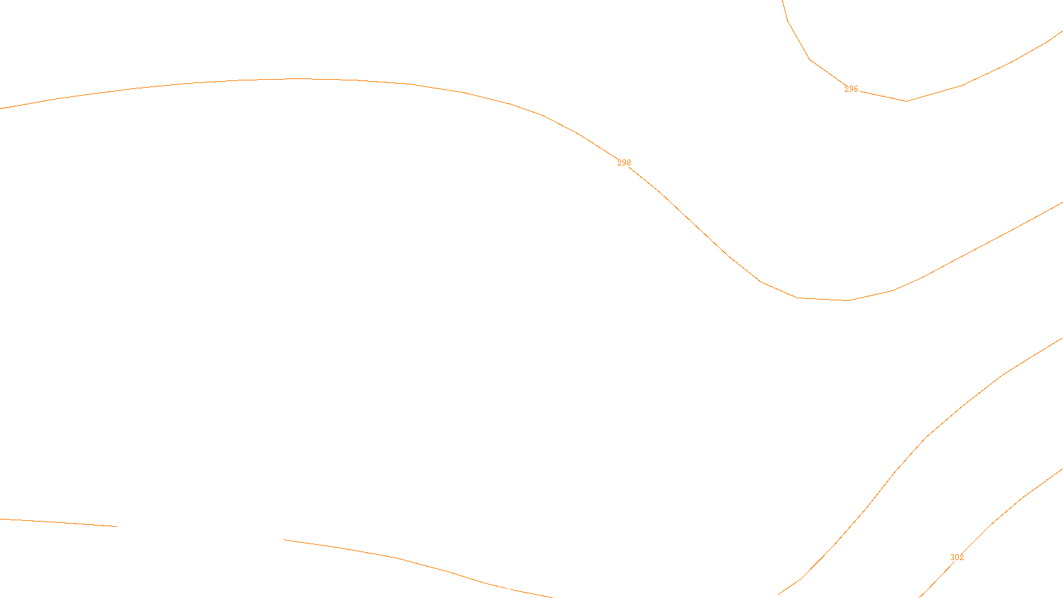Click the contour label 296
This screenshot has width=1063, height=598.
(851, 89)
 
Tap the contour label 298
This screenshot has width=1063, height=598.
(624, 163)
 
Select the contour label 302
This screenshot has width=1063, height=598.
(957, 557)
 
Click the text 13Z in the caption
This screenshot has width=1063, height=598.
(504, 587)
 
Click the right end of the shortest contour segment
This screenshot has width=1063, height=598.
(116, 526)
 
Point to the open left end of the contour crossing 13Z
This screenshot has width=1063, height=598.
(285, 540)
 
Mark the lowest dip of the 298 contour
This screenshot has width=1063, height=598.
(847, 300)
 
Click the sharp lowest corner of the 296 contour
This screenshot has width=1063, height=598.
(906, 101)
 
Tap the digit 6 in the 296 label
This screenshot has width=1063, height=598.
(856, 89)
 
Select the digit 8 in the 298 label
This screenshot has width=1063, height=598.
(628, 163)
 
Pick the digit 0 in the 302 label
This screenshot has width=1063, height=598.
(957, 557)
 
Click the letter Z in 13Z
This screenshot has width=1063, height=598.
(508, 587)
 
